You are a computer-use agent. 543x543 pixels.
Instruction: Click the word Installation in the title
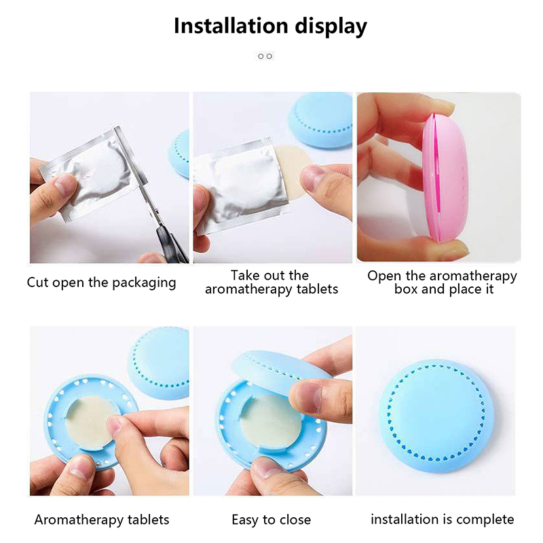click(x=231, y=26)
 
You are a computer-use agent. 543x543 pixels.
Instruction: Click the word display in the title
click(x=331, y=26)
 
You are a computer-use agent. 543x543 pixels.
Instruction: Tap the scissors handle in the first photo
click(x=170, y=242)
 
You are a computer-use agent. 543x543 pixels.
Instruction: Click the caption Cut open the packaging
click(x=101, y=282)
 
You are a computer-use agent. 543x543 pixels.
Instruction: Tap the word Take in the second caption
click(x=243, y=276)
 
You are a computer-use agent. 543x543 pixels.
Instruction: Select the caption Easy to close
click(x=271, y=520)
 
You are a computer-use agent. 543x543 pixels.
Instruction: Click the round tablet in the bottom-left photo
click(x=91, y=422)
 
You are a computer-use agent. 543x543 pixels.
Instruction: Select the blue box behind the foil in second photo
click(x=320, y=119)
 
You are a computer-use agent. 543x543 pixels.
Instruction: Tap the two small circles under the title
click(x=265, y=56)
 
